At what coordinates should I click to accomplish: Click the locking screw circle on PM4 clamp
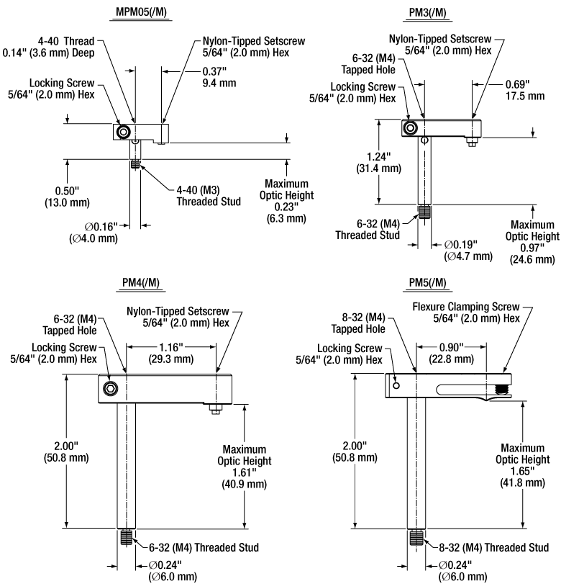[110, 389]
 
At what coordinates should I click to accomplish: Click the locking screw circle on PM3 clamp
[410, 127]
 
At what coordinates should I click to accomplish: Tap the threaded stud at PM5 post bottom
[417, 537]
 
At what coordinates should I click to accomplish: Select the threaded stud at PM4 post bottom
[127, 537]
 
